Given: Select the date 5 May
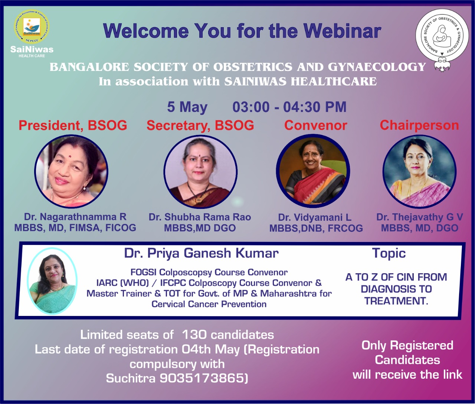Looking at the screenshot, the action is pyautogui.click(x=187, y=107).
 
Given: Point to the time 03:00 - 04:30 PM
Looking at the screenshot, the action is pyautogui.click(x=289, y=107).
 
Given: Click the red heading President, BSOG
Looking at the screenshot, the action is pyautogui.click(x=73, y=126).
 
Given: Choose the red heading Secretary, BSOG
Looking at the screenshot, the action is pyautogui.click(x=200, y=126).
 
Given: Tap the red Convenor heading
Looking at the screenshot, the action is pyautogui.click(x=316, y=126).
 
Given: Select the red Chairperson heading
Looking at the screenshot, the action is pyautogui.click(x=419, y=126).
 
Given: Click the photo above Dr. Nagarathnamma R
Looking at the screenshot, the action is pyautogui.click(x=71, y=171).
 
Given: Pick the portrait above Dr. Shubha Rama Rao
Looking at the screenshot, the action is pyautogui.click(x=200, y=172).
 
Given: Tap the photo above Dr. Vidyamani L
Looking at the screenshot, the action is pyautogui.click(x=313, y=171).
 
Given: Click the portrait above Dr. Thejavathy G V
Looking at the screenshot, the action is pyautogui.click(x=419, y=172).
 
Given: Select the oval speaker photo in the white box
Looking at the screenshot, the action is pyautogui.click(x=52, y=281).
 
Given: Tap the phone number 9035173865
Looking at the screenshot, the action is pyautogui.click(x=204, y=378).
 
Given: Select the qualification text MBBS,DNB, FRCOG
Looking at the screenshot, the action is pyautogui.click(x=316, y=228).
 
